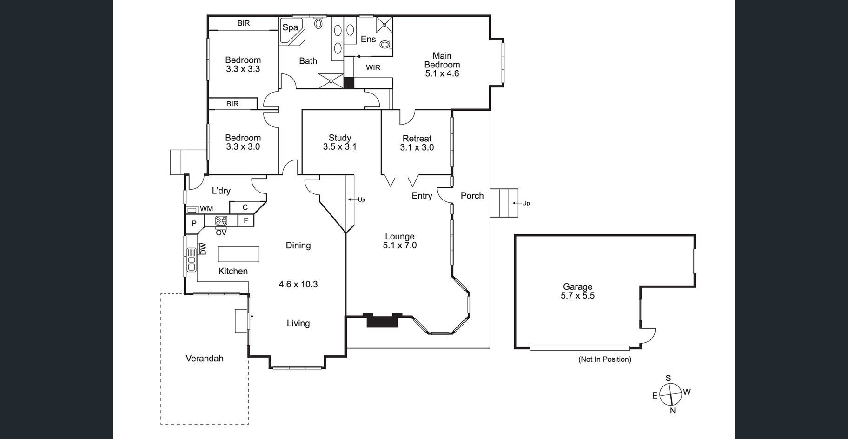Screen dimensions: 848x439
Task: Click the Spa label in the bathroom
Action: [290, 27]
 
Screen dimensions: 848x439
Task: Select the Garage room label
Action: [577, 287]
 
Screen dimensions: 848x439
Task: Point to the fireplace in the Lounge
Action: [383, 320]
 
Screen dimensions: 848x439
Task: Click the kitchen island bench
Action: [238, 254]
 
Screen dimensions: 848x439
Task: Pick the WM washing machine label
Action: [206, 209]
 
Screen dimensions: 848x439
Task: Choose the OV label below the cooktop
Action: [221, 232]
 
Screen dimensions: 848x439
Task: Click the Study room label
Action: [340, 138]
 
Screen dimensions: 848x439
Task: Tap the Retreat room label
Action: [417, 139]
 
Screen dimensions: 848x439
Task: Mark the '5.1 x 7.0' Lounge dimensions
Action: [400, 246]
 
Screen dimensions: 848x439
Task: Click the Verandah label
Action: [205, 359]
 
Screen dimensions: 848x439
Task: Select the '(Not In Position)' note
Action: [605, 359]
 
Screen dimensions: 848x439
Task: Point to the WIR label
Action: [373, 68]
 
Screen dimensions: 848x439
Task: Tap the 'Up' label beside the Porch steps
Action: [526, 203]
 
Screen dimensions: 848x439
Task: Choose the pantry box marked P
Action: [194, 223]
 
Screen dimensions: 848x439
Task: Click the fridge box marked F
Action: [246, 220]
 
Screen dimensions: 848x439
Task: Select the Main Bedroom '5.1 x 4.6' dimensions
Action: [442, 73]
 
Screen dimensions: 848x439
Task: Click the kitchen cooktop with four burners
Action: [221, 221]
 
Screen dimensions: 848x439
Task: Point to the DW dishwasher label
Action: [203, 249]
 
